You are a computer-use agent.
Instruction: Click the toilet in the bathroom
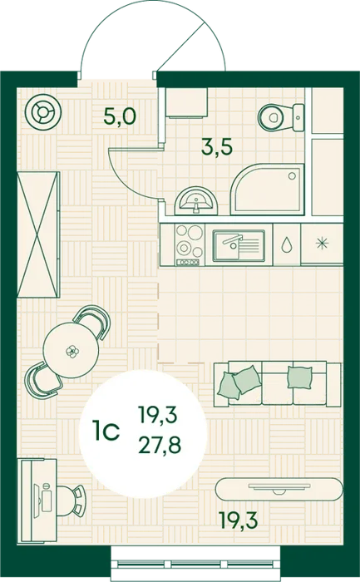point(281,117)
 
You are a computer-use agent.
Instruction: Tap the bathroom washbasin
point(196,201)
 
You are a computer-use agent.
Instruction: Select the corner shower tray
point(267,189)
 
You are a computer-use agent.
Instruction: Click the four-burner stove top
point(190,244)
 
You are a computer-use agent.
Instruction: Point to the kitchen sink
point(239,244)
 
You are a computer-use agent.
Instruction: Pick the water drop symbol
point(286,244)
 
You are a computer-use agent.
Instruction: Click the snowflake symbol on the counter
point(322,244)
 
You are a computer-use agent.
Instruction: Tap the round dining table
point(71,350)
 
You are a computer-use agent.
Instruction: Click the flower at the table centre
point(71,351)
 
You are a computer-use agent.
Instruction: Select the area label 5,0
point(120,116)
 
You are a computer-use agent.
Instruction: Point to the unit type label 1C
point(106,430)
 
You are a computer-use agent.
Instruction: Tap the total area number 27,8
point(160,445)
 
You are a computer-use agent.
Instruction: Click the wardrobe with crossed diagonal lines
point(38,234)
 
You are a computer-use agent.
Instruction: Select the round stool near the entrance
point(44,111)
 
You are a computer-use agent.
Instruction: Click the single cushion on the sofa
point(299,377)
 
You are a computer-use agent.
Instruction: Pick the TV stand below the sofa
point(279,489)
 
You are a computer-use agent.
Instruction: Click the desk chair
point(72,501)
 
